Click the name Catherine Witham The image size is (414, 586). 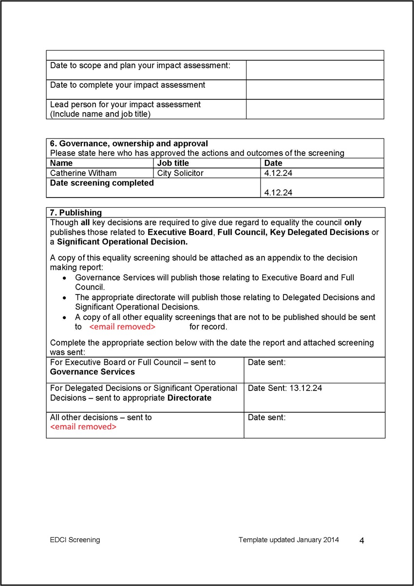tap(83, 173)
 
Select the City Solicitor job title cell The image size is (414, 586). tap(180, 173)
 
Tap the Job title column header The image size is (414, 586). tap(173, 163)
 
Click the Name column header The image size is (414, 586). tap(61, 163)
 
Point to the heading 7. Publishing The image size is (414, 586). tap(76, 213)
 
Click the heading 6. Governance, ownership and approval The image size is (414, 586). tap(129, 144)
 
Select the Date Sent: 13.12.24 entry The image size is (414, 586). tap(285, 389)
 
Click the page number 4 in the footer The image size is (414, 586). tap(362, 540)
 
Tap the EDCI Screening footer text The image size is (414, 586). tap(75, 540)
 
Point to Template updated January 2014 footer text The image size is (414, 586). tap(289, 540)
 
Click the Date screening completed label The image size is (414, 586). tap(102, 183)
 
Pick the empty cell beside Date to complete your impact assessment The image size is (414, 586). tap(315, 90)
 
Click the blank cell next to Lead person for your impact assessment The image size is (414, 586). tap(315, 109)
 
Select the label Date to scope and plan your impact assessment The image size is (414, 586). tap(140, 65)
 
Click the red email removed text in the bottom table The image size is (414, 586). tap(83, 427)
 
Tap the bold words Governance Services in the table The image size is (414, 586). tap(93, 372)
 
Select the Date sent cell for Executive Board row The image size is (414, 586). tap(314, 370)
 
